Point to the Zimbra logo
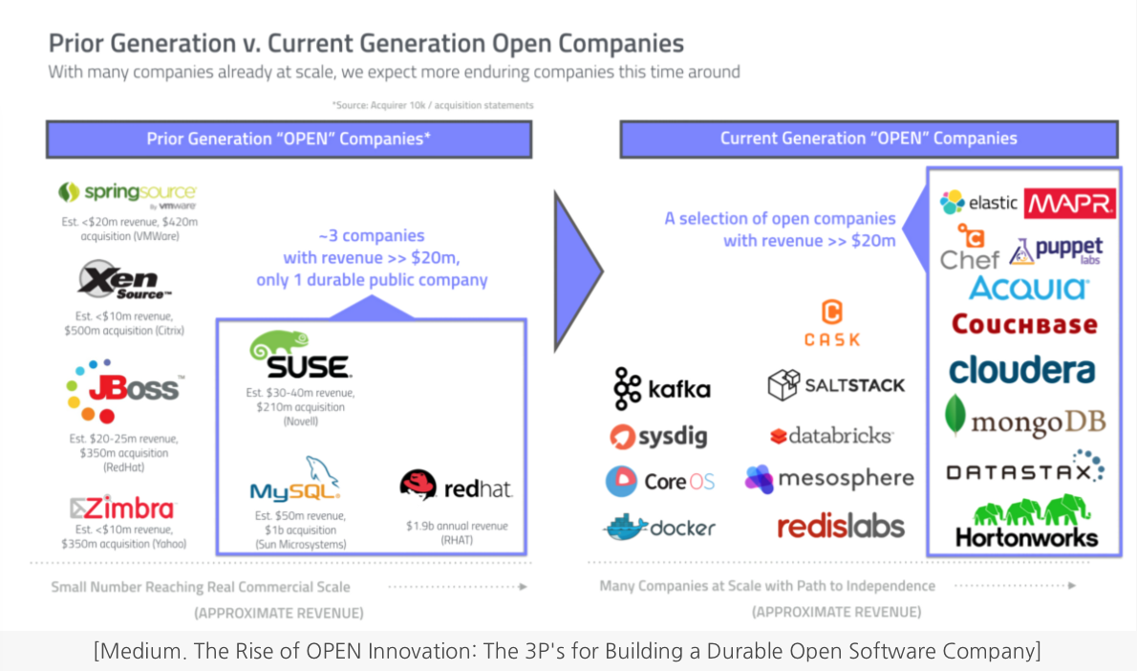click(x=122, y=508)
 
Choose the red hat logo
click(x=456, y=487)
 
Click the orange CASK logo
click(x=831, y=324)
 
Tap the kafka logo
click(x=662, y=388)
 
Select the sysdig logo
click(x=659, y=437)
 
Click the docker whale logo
click(x=659, y=527)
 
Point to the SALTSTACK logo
click(x=836, y=385)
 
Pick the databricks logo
click(x=831, y=436)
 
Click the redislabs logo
click(x=840, y=526)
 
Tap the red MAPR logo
click(x=1070, y=203)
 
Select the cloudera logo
click(x=1021, y=369)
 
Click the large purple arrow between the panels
click(x=577, y=271)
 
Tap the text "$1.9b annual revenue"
click(x=457, y=526)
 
